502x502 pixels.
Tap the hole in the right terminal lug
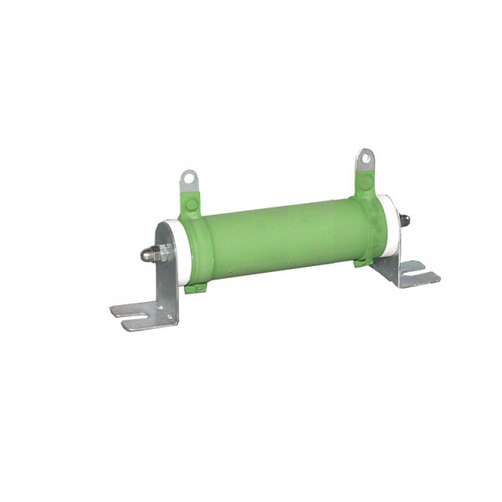click(x=365, y=156)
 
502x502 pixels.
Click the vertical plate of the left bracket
click(x=167, y=284)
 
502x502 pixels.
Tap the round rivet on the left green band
click(x=192, y=204)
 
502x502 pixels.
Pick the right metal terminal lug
click(x=365, y=162)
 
